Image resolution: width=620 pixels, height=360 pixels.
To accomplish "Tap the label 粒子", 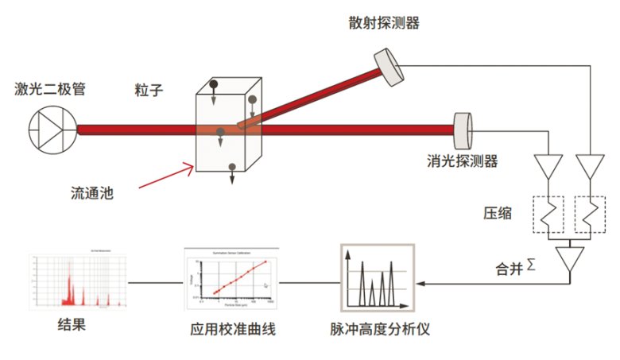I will pos(149,91).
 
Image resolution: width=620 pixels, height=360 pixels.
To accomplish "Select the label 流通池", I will pos(90,192).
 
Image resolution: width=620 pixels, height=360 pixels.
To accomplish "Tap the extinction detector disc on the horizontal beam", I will pos(463,127).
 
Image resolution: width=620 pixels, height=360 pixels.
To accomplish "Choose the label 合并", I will pos(506,269).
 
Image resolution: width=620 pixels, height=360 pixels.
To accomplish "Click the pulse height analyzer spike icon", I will pos(376,281).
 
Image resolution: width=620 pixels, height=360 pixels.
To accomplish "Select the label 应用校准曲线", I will pos(233,329).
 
